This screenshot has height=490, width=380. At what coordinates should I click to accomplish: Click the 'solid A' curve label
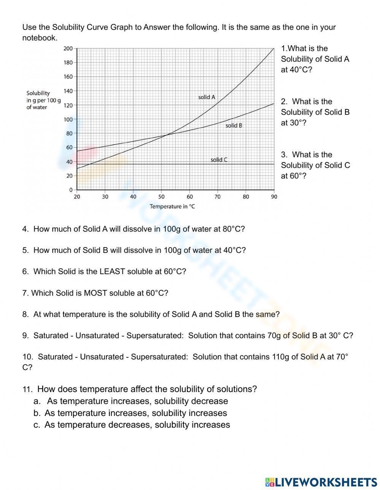(x=207, y=97)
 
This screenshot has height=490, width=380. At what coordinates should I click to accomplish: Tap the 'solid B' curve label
(x=234, y=125)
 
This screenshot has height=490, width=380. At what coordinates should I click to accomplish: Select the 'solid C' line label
(x=219, y=160)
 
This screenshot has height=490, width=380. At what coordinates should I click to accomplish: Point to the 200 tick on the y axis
(x=68, y=48)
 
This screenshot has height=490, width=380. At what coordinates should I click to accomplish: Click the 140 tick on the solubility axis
(x=68, y=91)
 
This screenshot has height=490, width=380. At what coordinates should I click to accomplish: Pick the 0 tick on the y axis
(x=71, y=190)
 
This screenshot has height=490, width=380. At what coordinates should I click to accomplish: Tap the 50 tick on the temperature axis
(x=161, y=197)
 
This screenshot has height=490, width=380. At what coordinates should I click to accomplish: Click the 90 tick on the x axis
(x=274, y=197)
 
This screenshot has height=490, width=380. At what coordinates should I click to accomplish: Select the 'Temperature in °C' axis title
(x=172, y=206)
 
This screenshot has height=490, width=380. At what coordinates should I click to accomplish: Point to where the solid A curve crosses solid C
(x=88, y=164)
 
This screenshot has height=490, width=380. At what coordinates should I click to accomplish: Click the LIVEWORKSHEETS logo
(x=321, y=482)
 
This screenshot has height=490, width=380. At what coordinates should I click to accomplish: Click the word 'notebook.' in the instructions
(x=40, y=38)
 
